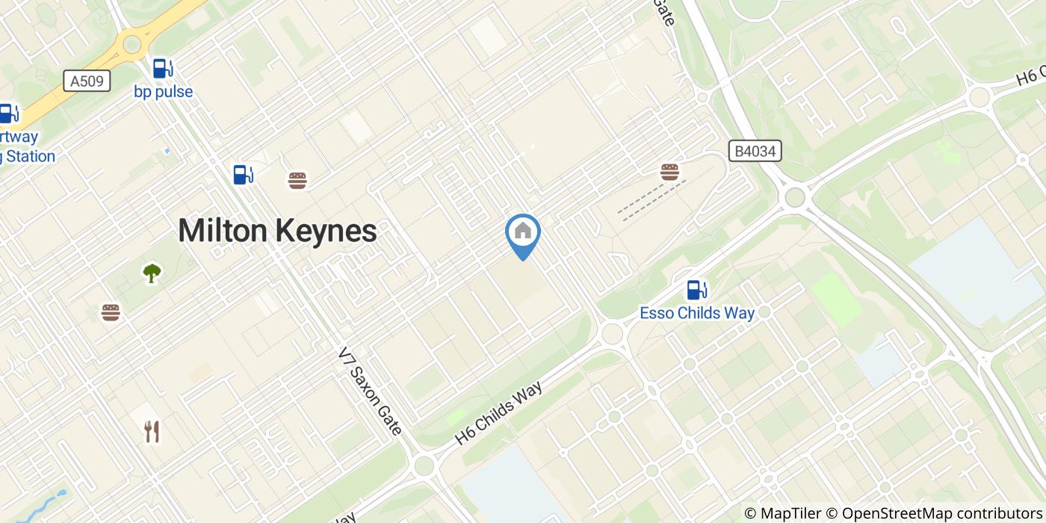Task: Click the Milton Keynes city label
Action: (277, 231)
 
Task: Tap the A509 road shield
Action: (87, 81)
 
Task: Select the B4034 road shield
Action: (755, 152)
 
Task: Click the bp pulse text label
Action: (163, 92)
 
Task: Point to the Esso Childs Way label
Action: (696, 313)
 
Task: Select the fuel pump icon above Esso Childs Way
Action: (696, 289)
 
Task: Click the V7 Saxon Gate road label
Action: (370, 390)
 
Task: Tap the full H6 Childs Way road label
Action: (498, 412)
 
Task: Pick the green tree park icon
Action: (152, 273)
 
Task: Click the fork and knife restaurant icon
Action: (152, 431)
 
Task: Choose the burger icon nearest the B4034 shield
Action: (669, 172)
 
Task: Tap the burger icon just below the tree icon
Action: (111, 312)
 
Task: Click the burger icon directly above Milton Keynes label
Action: (297, 180)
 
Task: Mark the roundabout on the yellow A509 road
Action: (131, 45)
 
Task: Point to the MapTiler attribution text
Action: (782, 513)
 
